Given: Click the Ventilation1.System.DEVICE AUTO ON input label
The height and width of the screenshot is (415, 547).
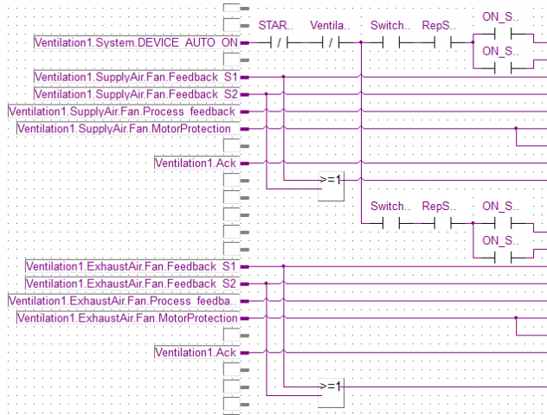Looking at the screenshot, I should click(136, 41).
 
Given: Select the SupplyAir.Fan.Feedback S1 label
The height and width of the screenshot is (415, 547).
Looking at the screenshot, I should click(136, 77).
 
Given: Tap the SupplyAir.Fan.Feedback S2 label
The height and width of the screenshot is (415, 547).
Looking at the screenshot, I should click(136, 94).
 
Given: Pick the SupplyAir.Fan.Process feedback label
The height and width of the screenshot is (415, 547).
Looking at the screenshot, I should click(123, 112).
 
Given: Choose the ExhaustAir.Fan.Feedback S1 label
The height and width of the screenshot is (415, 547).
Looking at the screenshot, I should click(132, 266).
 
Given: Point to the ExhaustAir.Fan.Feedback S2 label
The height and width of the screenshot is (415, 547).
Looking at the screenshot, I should click(132, 284).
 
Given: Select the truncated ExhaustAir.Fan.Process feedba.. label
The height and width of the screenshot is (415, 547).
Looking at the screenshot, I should click(123, 301).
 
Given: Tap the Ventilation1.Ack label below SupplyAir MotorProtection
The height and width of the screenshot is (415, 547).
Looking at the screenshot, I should click(196, 163).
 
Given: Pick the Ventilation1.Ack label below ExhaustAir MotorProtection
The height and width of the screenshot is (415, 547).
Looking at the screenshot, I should click(196, 352).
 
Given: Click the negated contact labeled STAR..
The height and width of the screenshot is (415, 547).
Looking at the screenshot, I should click(274, 41).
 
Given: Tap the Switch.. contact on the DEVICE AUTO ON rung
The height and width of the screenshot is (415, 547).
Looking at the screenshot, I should click(388, 41).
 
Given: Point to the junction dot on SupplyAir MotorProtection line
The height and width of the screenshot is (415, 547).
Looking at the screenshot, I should click(516, 128).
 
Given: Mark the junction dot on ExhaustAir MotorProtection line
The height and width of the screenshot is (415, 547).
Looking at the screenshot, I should click(516, 317).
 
